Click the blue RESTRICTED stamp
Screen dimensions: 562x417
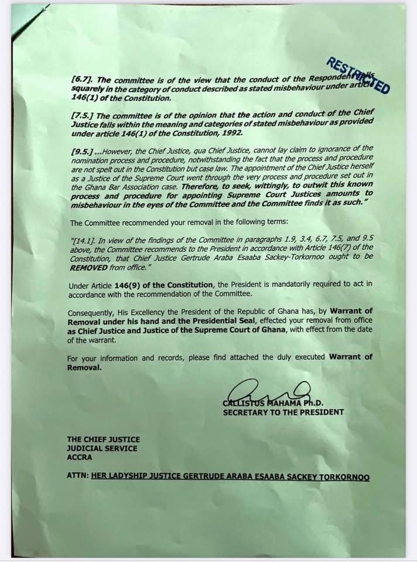coord(357,80)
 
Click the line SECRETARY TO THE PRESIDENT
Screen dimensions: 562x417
coord(283,412)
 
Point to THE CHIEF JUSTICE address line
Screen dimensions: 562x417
coord(103,439)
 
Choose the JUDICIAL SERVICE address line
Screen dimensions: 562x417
coord(102,448)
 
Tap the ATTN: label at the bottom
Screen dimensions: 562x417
coord(78,477)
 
